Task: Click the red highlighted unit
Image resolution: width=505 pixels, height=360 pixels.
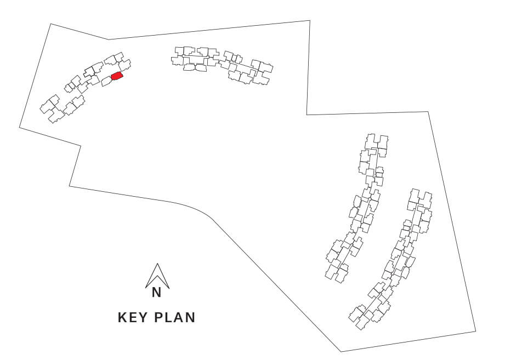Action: (x=117, y=76)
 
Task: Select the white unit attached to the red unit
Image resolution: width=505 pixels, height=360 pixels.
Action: (x=106, y=82)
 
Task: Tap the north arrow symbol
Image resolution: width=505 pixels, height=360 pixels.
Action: (x=157, y=276)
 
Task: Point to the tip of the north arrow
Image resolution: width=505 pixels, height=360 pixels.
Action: (x=157, y=264)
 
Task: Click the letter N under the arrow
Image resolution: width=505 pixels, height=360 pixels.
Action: (x=156, y=293)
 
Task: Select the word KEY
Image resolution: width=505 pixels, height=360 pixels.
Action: (x=133, y=317)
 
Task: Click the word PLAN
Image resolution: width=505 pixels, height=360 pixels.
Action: (x=175, y=317)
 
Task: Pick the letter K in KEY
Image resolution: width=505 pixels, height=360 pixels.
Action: (x=122, y=317)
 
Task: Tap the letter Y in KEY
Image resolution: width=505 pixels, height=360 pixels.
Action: (x=143, y=317)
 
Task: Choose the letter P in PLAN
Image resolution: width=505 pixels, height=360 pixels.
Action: (x=158, y=317)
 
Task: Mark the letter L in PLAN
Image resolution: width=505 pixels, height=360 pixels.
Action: (x=168, y=317)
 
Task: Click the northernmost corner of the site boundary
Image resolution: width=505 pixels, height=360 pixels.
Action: (x=309, y=21)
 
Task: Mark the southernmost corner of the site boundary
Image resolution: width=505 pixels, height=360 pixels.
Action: (x=341, y=352)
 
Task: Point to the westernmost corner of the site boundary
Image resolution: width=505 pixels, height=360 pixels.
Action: (x=20, y=128)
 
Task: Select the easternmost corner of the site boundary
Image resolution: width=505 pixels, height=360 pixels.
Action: (x=476, y=331)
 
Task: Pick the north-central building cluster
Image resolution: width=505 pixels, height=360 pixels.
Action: (x=222, y=65)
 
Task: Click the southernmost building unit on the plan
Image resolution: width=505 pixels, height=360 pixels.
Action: (x=362, y=322)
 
